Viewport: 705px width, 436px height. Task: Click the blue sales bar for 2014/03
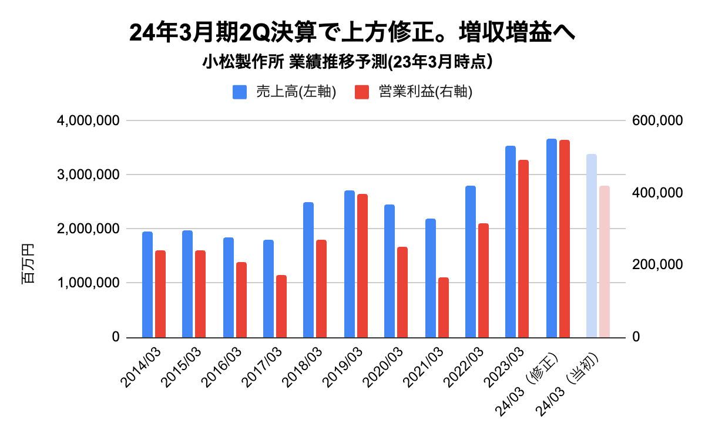click(147, 285)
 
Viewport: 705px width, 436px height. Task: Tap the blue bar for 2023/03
click(511, 242)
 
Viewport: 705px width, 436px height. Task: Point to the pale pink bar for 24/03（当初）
click(605, 261)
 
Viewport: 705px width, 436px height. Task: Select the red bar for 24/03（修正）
click(565, 239)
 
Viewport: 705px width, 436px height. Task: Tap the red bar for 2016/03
click(241, 300)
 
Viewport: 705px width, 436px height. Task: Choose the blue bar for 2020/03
click(390, 271)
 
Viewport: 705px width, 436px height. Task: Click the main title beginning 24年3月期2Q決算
click(352, 33)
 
